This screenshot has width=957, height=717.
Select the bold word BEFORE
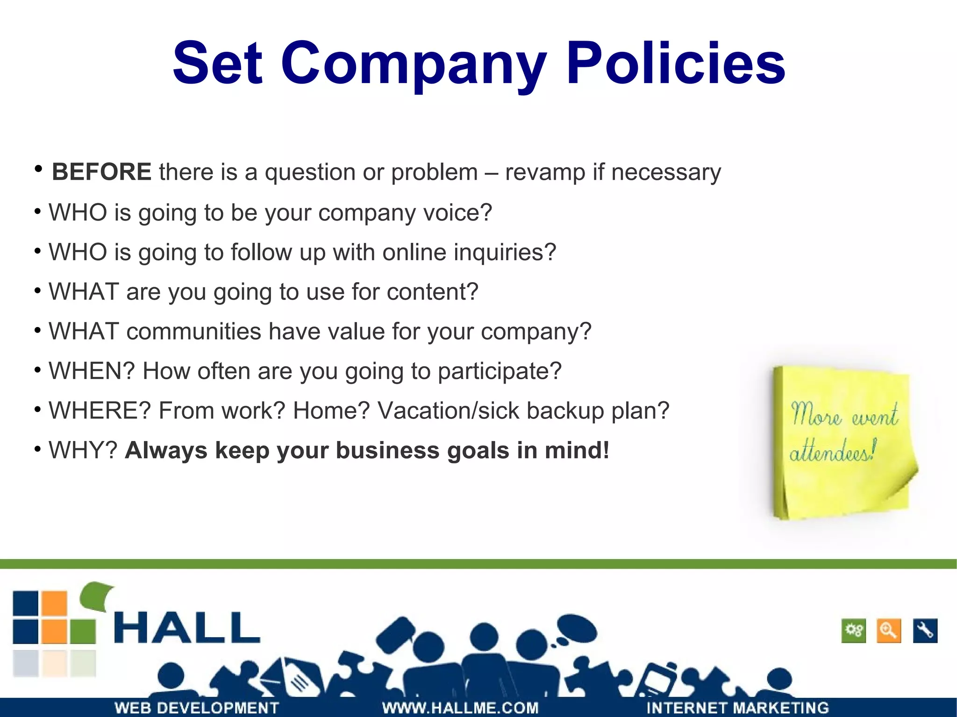tap(101, 172)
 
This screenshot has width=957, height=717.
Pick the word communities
tap(193, 332)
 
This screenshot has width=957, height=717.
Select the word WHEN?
tap(92, 371)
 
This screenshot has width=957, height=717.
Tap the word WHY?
tap(83, 451)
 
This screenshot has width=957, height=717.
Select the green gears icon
tap(854, 631)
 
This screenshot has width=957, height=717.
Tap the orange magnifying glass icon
tap(889, 631)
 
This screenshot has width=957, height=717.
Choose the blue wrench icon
tap(925, 631)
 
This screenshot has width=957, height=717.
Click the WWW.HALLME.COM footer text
tap(460, 708)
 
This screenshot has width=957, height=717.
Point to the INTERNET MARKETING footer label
tap(737, 708)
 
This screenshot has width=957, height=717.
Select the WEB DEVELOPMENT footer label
tap(197, 708)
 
